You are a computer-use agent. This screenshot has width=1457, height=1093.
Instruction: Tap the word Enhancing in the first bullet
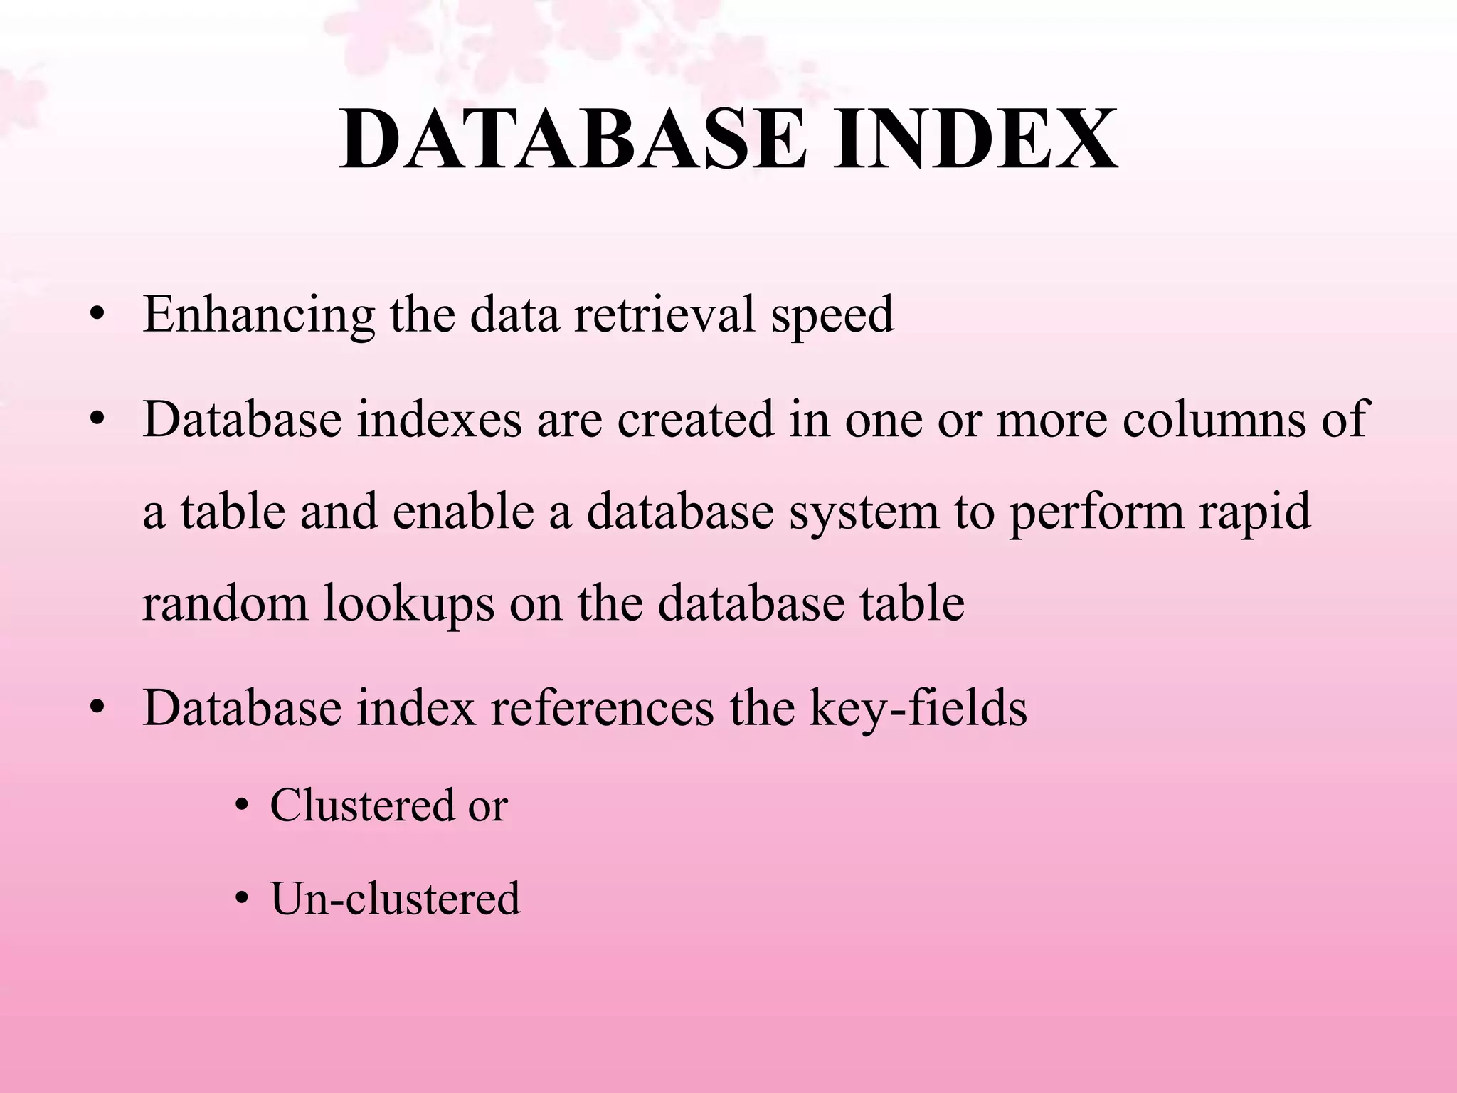[x=258, y=315]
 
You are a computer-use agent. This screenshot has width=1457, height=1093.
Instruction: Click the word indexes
[x=439, y=419]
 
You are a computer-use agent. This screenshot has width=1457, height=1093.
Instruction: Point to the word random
[x=225, y=603]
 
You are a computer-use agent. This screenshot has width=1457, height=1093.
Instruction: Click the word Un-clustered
[x=395, y=898]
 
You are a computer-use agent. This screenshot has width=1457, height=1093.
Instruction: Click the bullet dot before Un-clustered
[x=243, y=899]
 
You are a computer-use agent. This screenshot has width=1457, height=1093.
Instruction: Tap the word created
[x=695, y=419]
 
